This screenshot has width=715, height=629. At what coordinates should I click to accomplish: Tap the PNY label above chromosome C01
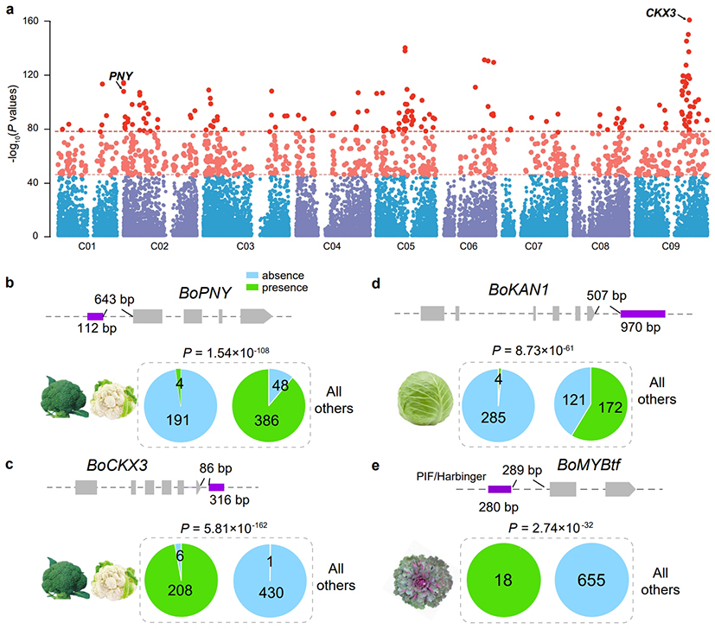coord(120,76)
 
